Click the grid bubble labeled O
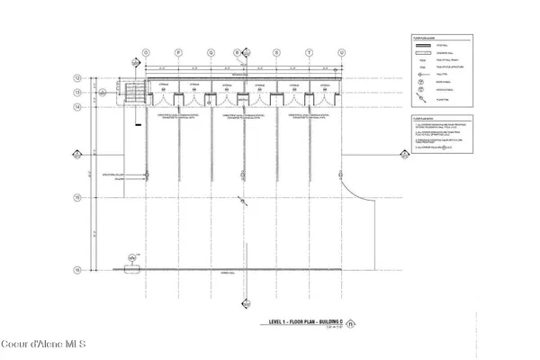144,53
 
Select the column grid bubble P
177,53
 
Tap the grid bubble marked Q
211,53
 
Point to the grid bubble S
275,53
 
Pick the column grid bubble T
309,53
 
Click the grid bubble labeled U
342,53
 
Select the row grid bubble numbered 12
78,78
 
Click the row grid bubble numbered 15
78,197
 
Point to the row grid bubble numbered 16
78,269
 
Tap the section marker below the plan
133,260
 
